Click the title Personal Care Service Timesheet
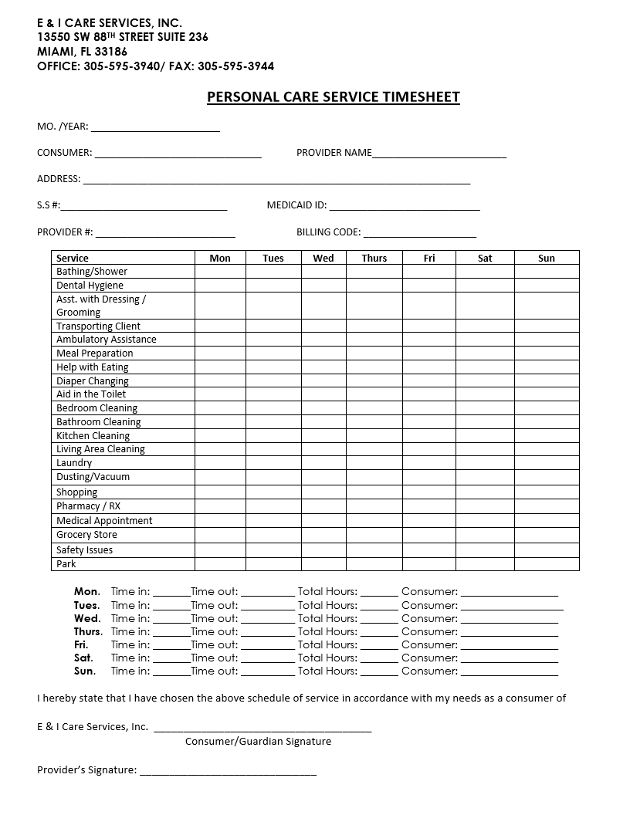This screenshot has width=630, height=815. pos(333,97)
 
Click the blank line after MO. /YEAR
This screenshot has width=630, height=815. pos(155,127)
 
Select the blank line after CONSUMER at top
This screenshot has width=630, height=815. pos(178,154)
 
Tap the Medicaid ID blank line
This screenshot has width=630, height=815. pos(405,206)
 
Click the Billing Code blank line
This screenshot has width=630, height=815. pos(420,233)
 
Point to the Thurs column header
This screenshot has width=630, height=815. pos(374,258)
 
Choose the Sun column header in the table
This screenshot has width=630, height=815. pos(546,258)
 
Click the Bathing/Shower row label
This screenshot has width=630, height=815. pos(92,272)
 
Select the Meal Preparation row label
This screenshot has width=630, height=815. pos(95,353)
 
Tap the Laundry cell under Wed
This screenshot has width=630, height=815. pos(323,463)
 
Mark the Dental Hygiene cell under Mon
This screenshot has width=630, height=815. pos(220,286)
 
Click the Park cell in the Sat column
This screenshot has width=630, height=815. pos(485,564)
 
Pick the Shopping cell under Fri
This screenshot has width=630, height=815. pos(428,492)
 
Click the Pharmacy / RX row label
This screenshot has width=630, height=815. pos(88,506)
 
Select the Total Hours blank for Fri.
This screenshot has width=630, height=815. pos(379,645)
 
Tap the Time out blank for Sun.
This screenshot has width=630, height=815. pos(268,671)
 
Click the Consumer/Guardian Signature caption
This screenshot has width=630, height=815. pos(258,742)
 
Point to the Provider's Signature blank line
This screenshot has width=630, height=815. pos(229,771)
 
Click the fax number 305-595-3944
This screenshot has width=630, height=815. pos(235,66)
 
